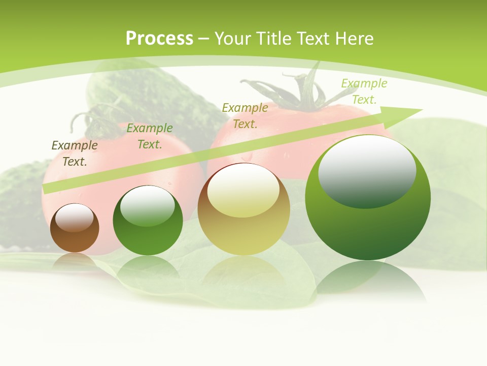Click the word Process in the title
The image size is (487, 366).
click(159, 39)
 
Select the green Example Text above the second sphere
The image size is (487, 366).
click(150, 136)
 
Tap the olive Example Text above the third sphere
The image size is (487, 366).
click(245, 115)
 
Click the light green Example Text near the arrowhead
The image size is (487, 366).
click(364, 91)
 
